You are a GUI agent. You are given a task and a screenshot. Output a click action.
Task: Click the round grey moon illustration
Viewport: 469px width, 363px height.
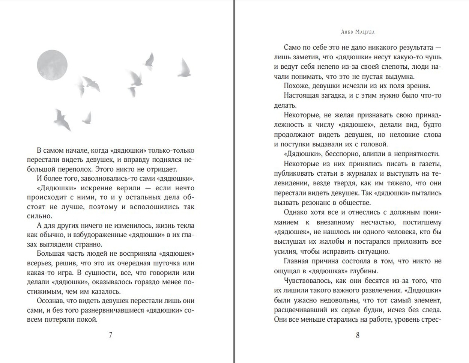[x=52, y=65]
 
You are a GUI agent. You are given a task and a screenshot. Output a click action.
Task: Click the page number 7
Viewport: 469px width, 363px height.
[x=110, y=335]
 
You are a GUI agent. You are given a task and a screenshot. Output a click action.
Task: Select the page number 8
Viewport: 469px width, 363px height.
[x=358, y=335]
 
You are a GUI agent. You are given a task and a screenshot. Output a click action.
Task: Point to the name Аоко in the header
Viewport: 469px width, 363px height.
[x=347, y=32]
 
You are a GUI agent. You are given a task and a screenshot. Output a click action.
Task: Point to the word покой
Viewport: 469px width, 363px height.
[x=87, y=319]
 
